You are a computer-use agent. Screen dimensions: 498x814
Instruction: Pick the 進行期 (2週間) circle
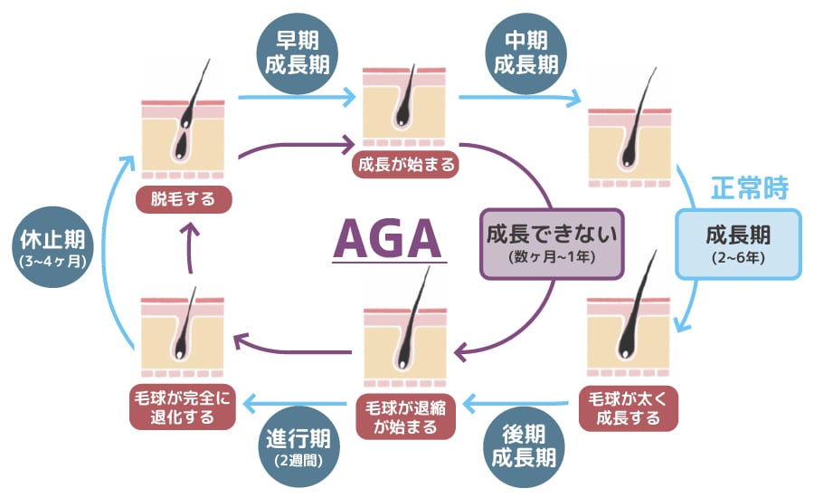[298, 447]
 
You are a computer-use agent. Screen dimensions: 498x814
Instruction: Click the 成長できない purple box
[551, 242]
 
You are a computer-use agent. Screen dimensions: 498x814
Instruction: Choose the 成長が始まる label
[406, 164]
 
